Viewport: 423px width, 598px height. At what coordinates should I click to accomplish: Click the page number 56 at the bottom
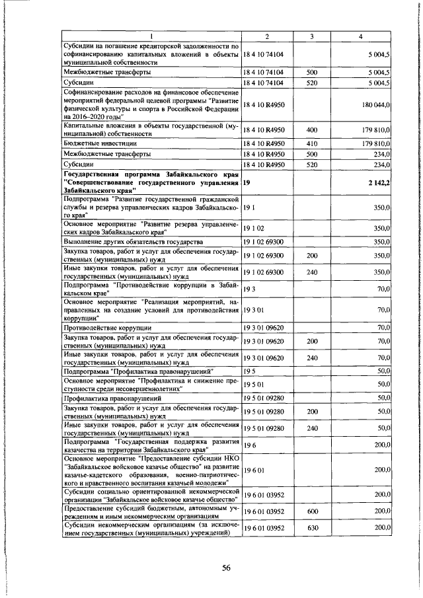pyautogui.click(x=225, y=568)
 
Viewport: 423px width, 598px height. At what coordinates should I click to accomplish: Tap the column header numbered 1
pyautogui.click(x=151, y=36)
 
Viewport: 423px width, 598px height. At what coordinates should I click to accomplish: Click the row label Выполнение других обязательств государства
pyautogui.click(x=137, y=242)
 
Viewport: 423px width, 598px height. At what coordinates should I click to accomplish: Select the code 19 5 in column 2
pyautogui.click(x=250, y=371)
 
